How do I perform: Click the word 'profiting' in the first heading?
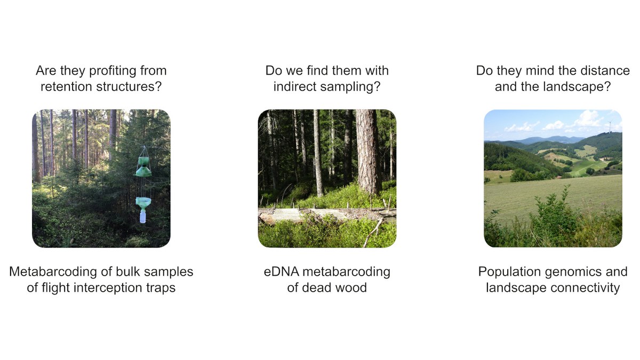coord(113,71)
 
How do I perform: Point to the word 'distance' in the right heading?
coord(607,70)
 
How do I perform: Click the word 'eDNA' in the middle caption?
coord(282,271)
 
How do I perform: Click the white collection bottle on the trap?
coord(143,216)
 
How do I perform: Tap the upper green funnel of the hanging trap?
coord(143,167)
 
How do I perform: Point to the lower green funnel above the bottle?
coord(143,202)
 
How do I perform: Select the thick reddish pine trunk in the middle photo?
coord(369,151)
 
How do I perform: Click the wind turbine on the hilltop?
coord(610,126)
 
